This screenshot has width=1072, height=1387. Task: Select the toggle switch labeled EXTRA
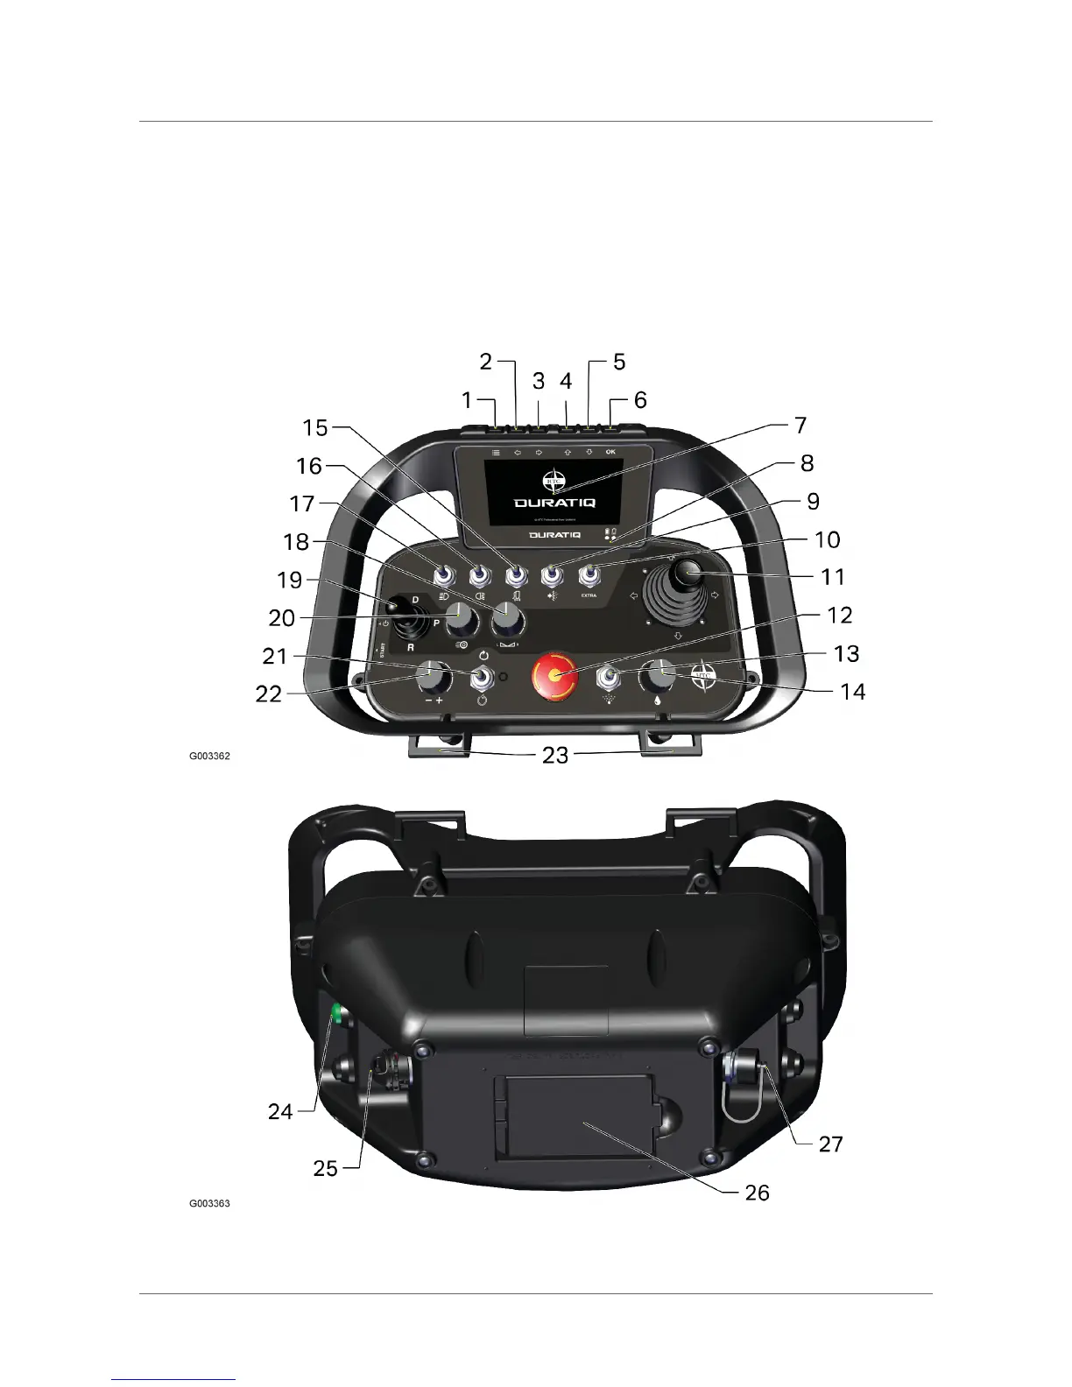589,576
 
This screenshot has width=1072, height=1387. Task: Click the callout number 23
555,755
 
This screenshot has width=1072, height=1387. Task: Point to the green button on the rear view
335,1015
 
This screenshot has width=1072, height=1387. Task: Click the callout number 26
757,1192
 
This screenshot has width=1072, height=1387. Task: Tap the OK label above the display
610,452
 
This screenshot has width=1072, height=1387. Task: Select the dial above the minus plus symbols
431,677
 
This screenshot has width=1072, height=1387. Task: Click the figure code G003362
210,755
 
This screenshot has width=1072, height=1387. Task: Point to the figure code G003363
210,1203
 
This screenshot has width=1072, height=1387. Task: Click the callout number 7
800,426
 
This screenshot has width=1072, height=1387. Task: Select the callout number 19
290,580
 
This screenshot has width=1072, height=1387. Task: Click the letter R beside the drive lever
410,649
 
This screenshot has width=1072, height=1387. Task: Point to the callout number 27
830,1144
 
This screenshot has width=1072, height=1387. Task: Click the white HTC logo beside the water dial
704,677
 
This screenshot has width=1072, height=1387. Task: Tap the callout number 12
839,616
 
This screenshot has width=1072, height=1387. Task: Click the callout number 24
280,1111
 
